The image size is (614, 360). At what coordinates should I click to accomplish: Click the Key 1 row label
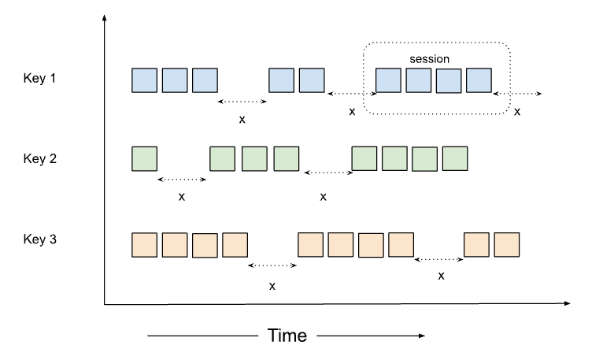39,78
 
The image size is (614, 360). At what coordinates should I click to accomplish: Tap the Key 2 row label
40,158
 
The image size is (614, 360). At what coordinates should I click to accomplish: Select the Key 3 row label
40,239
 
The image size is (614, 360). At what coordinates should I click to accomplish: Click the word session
429,59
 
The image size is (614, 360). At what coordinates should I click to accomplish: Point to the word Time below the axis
287,336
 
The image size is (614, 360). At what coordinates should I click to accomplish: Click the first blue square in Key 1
145,80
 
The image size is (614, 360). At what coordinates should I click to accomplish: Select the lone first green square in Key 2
145,158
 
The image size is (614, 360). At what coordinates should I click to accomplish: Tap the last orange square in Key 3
507,245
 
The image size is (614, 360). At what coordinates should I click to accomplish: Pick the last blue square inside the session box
479,80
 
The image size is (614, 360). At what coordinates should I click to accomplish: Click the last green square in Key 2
455,158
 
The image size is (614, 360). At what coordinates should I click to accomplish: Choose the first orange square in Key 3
145,245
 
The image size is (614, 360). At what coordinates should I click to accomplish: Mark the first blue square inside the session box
388,80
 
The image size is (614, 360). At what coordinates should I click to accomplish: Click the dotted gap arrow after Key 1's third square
242,102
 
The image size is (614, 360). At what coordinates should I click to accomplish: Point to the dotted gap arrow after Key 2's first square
182,180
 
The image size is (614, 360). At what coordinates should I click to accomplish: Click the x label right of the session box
517,112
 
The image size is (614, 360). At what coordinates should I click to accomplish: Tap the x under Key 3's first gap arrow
272,287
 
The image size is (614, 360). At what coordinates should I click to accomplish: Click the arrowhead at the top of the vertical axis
105,17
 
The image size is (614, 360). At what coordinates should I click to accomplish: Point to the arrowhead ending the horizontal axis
567,303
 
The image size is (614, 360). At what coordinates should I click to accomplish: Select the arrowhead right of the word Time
422,336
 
